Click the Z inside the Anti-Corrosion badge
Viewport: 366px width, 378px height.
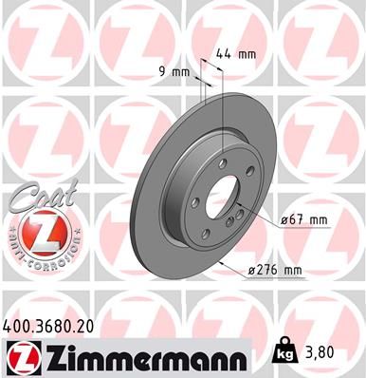coord(34,233)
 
